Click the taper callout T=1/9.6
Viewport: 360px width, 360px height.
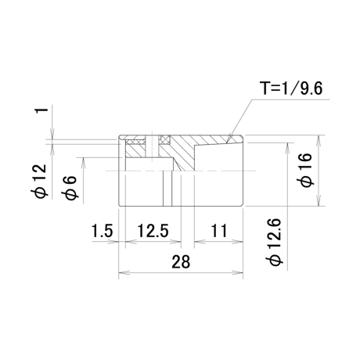click(292, 88)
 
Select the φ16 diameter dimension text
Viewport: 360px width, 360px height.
click(306, 170)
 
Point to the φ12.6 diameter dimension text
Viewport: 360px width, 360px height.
click(274, 243)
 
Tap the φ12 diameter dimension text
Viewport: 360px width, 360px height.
click(39, 182)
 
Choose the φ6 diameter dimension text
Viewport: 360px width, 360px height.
click(70, 188)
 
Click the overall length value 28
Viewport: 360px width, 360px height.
click(181, 261)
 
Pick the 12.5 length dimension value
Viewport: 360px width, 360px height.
click(153, 231)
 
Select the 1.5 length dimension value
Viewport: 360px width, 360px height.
click(102, 231)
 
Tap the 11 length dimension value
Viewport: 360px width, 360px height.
click(218, 231)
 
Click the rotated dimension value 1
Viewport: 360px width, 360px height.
click(42, 110)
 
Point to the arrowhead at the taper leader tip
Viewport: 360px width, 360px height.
click(229, 139)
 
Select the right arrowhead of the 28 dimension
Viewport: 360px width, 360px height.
click(238, 272)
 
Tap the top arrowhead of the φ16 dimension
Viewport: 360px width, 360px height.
click(319, 141)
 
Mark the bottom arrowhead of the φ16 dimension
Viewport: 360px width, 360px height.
click(319, 200)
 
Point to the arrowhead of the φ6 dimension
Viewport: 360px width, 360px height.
click(83, 163)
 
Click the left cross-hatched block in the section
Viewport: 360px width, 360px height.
click(135, 142)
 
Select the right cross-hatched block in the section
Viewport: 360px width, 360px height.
click(165, 140)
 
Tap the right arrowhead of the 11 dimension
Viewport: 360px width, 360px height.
click(238, 241)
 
